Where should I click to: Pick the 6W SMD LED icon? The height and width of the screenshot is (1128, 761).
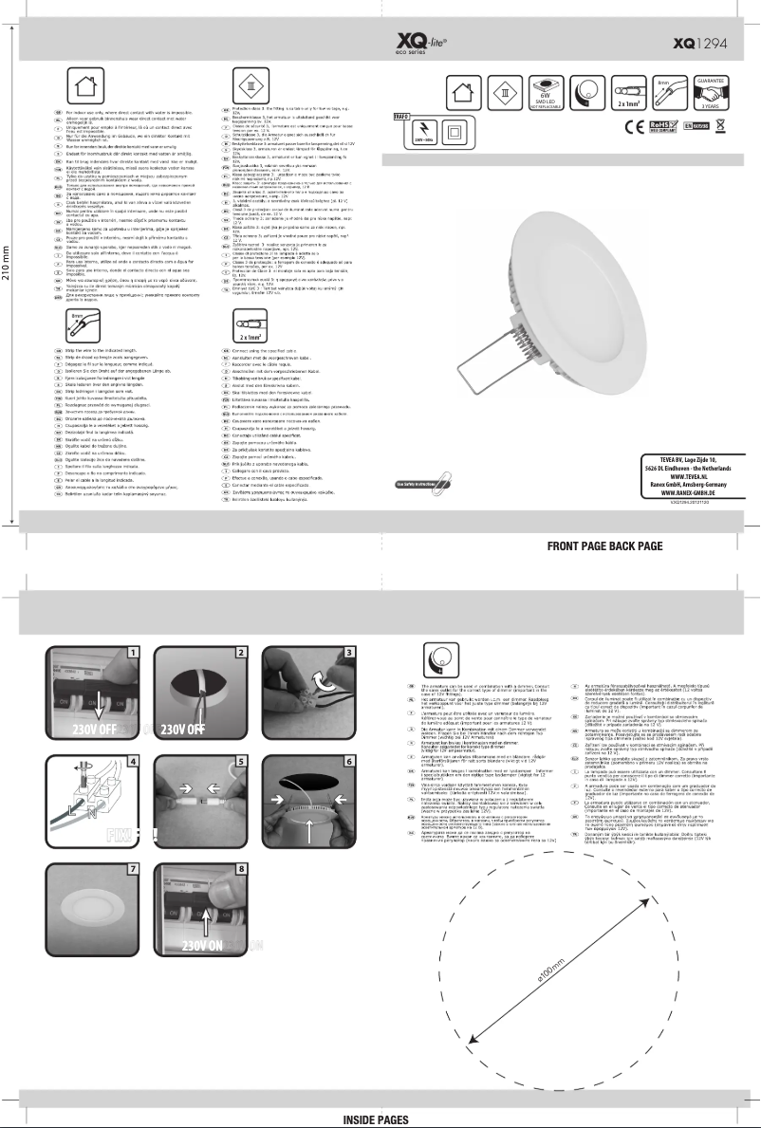coord(546,93)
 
